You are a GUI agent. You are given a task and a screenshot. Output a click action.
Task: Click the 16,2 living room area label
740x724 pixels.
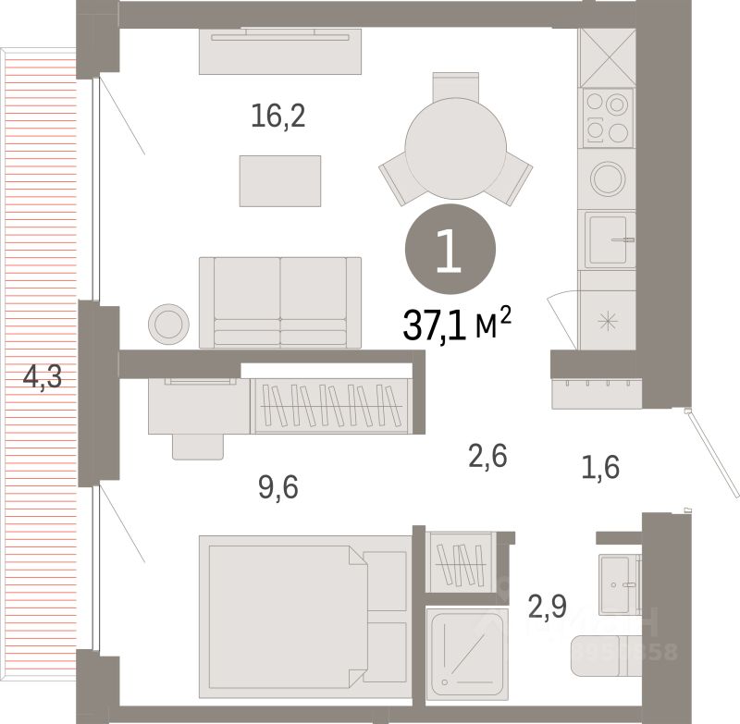[277, 117]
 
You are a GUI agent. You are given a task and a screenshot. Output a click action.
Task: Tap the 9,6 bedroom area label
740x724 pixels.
[278, 486]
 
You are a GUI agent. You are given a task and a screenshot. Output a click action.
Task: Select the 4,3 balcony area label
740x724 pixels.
[42, 377]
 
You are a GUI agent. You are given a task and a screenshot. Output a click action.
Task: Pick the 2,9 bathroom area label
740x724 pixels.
[548, 607]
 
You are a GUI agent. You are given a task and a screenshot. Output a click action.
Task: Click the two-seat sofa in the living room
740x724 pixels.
[280, 302]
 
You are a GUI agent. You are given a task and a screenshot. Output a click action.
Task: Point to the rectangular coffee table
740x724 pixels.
[280, 180]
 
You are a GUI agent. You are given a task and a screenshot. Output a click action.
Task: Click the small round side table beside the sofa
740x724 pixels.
[170, 324]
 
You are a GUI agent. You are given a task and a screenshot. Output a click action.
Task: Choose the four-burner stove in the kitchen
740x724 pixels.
[607, 117]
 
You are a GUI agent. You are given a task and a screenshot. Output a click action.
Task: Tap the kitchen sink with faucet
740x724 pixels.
[610, 239]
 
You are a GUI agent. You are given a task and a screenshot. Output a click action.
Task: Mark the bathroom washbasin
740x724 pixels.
[618, 580]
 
